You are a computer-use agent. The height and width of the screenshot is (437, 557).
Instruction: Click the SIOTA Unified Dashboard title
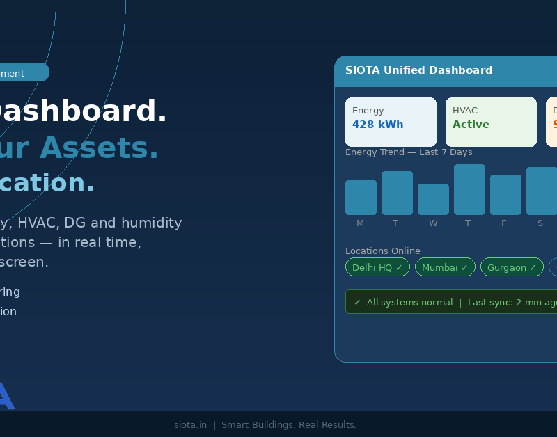pyautogui.click(x=418, y=70)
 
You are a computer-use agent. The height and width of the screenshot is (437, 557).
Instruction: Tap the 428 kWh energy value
pyautogui.click(x=377, y=125)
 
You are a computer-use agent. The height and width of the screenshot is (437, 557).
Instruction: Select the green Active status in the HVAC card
pyautogui.click(x=471, y=125)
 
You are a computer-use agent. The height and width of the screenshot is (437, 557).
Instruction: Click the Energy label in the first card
pyautogui.click(x=368, y=110)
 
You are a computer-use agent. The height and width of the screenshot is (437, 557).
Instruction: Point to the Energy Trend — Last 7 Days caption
pyautogui.click(x=409, y=152)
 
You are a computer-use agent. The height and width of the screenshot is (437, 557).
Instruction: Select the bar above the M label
pyautogui.click(x=361, y=198)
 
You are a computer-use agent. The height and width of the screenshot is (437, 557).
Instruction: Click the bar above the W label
pyautogui.click(x=433, y=200)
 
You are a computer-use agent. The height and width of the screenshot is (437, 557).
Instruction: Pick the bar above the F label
pyautogui.click(x=505, y=195)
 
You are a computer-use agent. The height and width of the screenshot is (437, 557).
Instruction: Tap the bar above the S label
pyautogui.click(x=541, y=191)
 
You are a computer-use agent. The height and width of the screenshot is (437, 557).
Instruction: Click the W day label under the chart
pyautogui.click(x=433, y=223)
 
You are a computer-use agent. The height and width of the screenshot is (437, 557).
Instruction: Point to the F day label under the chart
pyautogui.click(x=504, y=223)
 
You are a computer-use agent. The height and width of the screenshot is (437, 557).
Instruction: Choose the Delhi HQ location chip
pyautogui.click(x=377, y=267)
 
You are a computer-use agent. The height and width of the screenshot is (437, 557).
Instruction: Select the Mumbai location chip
pyautogui.click(x=445, y=267)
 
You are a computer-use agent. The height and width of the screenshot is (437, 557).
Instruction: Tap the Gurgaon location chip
pyautogui.click(x=512, y=267)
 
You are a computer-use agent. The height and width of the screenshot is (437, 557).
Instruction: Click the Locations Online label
pyautogui.click(x=383, y=251)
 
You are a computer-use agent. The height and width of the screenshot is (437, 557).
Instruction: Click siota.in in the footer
pyautogui.click(x=190, y=425)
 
